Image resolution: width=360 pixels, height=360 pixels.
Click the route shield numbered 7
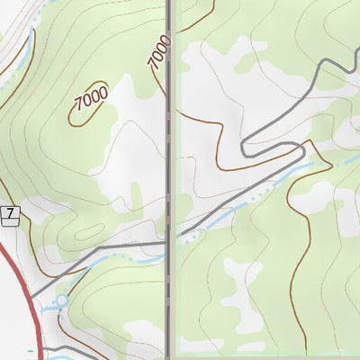tap(10, 213)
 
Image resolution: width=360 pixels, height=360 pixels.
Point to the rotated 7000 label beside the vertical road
tap(158, 51)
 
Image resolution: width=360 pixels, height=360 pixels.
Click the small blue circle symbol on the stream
tap(62, 300)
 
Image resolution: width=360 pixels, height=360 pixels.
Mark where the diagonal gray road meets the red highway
tap(32, 295)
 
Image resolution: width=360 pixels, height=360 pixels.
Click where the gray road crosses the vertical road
tap(169, 241)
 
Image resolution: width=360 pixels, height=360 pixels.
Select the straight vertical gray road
tap(169, 135)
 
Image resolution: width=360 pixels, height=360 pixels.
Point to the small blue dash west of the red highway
tap(31, 350)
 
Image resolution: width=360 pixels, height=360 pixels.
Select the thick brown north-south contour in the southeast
tap(309, 270)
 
